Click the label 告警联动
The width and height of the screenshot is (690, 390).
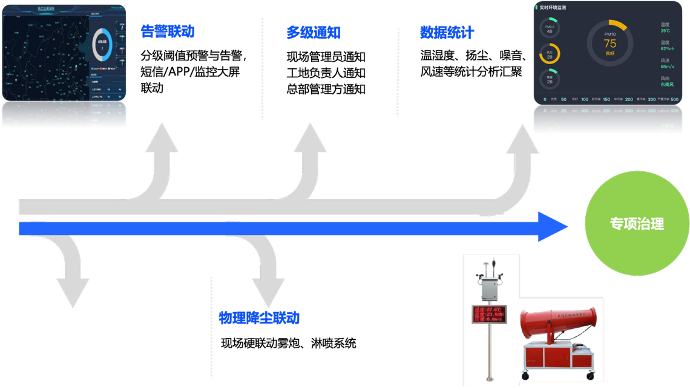point(168,31)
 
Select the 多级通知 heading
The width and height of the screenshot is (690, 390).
point(313,33)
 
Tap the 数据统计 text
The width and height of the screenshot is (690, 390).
point(447,33)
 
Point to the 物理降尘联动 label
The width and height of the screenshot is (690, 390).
point(259,318)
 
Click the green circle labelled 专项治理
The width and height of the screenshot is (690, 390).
point(637,224)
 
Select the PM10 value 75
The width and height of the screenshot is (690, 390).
point(609,44)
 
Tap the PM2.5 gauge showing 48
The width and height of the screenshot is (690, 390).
point(550,28)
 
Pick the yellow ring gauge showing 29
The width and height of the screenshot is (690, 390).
point(550,54)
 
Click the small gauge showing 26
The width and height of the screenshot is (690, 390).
point(550,79)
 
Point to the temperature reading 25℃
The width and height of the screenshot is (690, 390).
point(665,30)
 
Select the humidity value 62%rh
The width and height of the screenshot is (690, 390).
point(668,48)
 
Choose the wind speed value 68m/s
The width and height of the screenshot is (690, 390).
point(667,67)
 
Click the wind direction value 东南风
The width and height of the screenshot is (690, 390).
point(667,85)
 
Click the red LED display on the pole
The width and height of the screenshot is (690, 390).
point(490,314)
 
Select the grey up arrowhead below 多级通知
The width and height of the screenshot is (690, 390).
point(310,138)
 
